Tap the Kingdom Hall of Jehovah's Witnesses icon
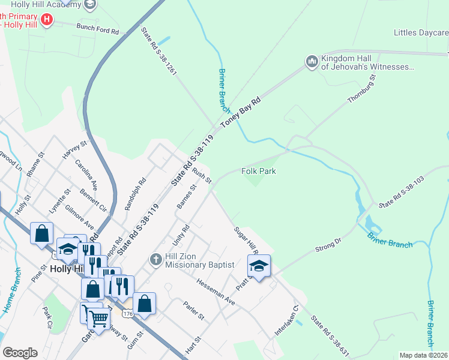[x=312, y=62]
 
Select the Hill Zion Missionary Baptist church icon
[x=155, y=260]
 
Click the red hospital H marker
[x=46, y=19]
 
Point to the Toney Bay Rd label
[x=241, y=112]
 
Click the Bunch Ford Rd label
[x=97, y=28]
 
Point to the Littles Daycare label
[x=421, y=32]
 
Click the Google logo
[x=20, y=353]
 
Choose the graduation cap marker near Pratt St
[x=259, y=266]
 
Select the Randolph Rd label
[x=134, y=193]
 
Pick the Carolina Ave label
[x=86, y=173]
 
